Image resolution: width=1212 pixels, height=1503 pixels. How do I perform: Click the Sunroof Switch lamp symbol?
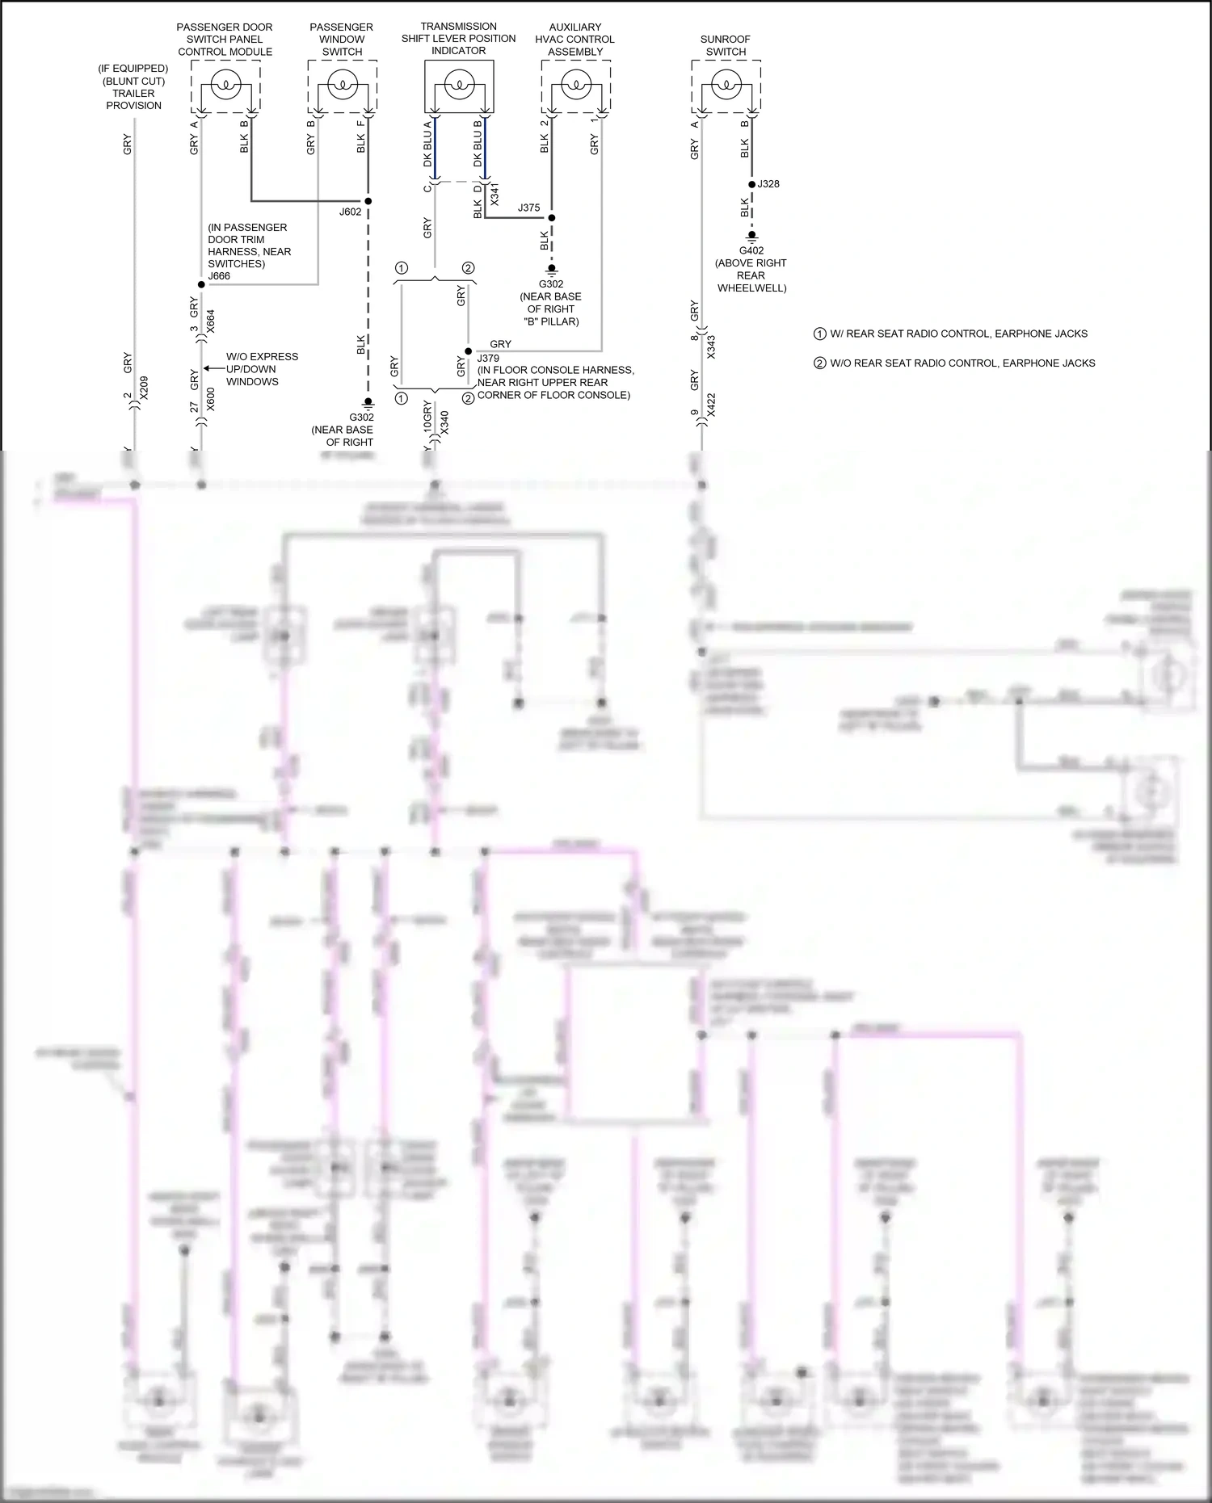726,84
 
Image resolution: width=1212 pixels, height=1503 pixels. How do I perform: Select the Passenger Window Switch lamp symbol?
343,84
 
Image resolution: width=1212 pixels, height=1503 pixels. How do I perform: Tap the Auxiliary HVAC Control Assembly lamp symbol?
575,84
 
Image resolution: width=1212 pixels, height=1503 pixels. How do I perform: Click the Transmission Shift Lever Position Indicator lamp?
459,84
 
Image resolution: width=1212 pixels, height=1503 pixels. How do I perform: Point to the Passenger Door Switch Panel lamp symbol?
225,84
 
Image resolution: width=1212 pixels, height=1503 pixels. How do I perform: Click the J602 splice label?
350,212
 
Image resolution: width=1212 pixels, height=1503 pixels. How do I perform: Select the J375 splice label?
528,208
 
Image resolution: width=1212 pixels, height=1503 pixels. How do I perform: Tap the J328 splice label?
768,184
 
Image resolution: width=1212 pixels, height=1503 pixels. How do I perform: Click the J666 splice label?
219,276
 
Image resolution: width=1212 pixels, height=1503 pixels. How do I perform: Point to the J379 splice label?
488,358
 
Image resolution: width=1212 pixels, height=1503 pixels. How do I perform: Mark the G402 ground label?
751,250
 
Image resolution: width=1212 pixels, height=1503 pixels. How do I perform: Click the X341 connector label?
494,194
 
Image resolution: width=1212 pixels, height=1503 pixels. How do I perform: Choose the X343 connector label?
711,347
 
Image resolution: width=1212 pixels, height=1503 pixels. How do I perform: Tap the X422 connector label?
711,405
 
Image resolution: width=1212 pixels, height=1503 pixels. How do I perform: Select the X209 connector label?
144,388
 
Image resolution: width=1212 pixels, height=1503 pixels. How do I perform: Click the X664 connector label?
211,321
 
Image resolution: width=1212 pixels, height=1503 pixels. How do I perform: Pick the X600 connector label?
211,399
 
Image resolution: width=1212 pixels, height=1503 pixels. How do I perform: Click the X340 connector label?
444,422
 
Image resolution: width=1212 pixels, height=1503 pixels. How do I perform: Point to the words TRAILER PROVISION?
133,99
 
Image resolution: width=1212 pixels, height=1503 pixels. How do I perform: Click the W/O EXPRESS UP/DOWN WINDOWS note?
262,369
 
